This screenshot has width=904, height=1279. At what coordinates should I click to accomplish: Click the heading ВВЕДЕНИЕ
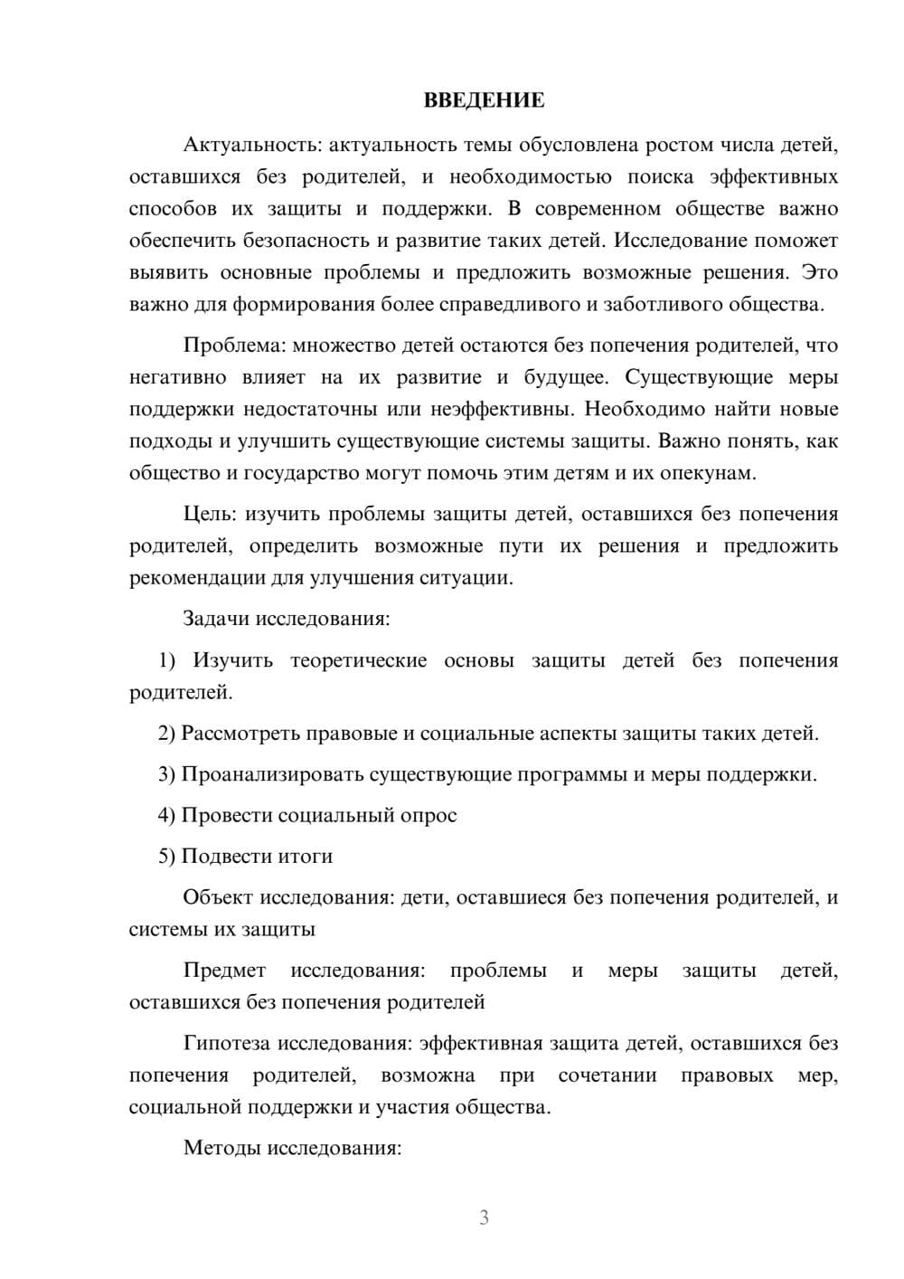coord(484,101)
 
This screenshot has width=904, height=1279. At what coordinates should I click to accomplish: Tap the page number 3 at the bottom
coord(484,1218)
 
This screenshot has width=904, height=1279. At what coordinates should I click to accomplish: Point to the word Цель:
coord(210,515)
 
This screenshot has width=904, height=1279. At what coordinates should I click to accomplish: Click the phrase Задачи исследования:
coord(287,620)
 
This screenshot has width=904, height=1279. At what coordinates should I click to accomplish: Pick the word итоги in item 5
coord(307,857)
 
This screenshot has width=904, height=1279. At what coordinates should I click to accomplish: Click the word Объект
coord(218,898)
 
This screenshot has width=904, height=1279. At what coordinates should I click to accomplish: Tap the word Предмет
coord(224,971)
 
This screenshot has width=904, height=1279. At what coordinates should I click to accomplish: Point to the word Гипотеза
coord(227,1044)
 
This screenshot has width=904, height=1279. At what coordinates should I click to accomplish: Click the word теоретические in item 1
coord(359,661)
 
